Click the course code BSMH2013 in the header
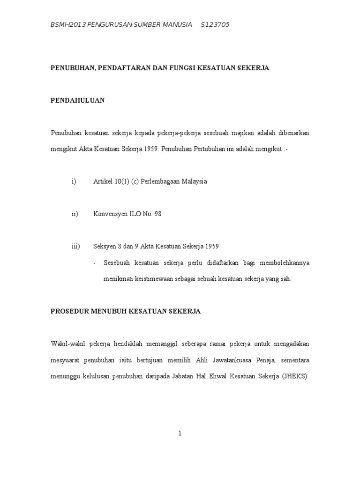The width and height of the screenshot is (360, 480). click(69, 25)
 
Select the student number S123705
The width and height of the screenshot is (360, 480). click(215, 25)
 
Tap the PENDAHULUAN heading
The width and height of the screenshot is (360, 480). click(77, 100)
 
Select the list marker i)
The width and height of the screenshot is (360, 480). click(74, 181)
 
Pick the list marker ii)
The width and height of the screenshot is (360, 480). click(75, 214)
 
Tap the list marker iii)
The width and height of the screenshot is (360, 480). click(75, 246)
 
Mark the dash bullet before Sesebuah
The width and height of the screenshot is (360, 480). click(95, 262)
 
